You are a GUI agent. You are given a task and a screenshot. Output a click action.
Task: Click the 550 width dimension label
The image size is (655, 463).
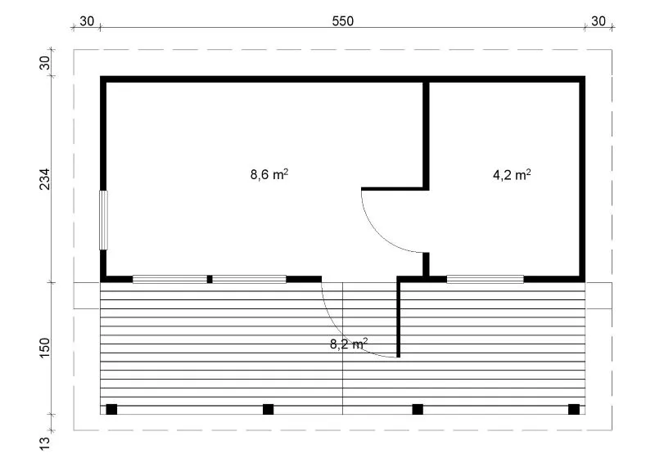pyautogui.click(x=342, y=21)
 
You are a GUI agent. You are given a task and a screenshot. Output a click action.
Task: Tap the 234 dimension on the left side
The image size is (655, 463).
pyautogui.click(x=45, y=179)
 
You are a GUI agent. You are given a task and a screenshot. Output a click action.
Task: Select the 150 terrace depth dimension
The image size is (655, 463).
pyautogui.click(x=45, y=348)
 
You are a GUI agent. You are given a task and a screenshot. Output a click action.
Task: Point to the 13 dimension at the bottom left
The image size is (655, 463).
pyautogui.click(x=45, y=443)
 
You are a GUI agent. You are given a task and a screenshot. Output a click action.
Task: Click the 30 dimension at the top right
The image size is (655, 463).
pyautogui.click(x=599, y=21)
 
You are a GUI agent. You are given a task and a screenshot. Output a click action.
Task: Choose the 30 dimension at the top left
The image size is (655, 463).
pyautogui.click(x=87, y=21)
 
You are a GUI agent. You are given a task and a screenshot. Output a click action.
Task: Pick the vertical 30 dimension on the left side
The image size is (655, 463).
pyautogui.click(x=45, y=63)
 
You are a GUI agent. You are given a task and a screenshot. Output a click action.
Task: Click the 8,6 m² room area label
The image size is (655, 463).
pyautogui.click(x=269, y=174)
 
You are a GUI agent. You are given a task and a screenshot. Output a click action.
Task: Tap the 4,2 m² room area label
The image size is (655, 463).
pyautogui.click(x=512, y=174)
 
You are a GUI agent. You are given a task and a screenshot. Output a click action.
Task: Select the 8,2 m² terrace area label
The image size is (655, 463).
pyautogui.click(x=349, y=344)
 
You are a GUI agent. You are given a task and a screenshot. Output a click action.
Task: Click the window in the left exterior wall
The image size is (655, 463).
pyautogui.click(x=103, y=220)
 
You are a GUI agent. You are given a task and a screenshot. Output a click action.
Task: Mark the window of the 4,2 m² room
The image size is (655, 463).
pyautogui.click(x=485, y=279)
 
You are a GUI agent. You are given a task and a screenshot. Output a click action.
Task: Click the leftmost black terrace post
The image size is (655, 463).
pyautogui.click(x=111, y=409)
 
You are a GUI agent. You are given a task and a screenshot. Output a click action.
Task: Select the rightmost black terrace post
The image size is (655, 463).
pyautogui.click(x=574, y=409)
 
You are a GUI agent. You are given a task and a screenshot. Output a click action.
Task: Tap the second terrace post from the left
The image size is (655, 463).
pyautogui.click(x=269, y=409)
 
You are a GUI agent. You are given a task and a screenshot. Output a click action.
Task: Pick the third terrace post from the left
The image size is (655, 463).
pyautogui.click(x=418, y=409)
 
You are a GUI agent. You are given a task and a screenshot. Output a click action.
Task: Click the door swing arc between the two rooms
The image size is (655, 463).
pyautogui.click(x=379, y=236)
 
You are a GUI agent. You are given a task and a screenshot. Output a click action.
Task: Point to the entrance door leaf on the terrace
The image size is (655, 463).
pyautogui.click(x=399, y=319)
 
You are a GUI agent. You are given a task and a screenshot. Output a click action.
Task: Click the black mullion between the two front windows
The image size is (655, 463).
pyautogui.click(x=210, y=279)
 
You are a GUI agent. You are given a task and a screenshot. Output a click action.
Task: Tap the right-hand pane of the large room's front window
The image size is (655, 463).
pyautogui.click(x=250, y=279)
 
